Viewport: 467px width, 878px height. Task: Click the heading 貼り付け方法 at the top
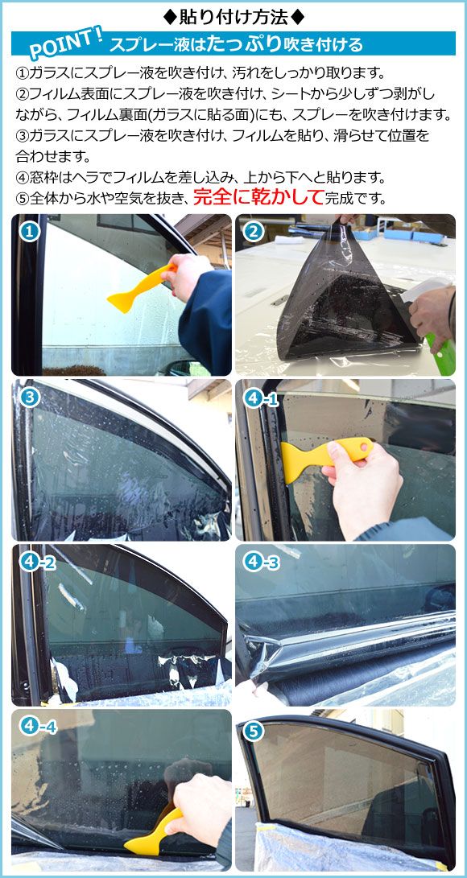[x=233, y=18]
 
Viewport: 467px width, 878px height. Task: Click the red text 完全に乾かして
[x=258, y=197]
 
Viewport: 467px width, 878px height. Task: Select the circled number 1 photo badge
[x=30, y=230]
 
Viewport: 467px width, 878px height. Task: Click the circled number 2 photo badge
[x=254, y=230]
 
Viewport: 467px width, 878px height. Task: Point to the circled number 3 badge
[x=30, y=397]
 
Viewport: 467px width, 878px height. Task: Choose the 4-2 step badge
[x=37, y=563]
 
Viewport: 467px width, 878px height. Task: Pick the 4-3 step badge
[x=261, y=563]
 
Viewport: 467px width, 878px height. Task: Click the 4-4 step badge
[x=38, y=727]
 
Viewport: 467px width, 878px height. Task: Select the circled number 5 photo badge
[x=254, y=732]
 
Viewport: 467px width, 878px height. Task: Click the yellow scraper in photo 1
[x=140, y=290]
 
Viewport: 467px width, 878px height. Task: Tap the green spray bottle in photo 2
[x=443, y=353]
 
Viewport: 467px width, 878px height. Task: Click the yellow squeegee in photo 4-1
[x=322, y=455]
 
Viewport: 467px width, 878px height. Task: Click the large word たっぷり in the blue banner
[x=244, y=43]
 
